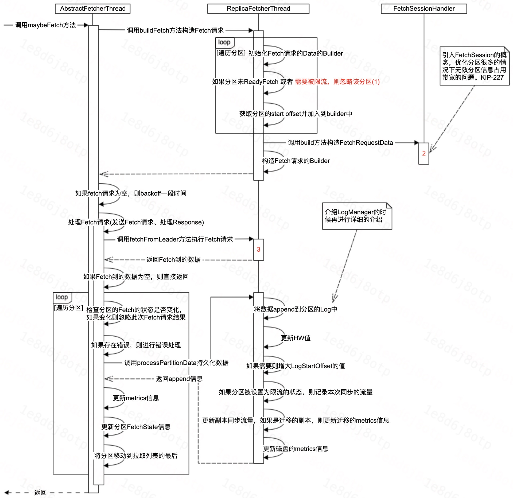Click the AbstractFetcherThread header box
click(x=92, y=9)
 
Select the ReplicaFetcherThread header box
click(x=258, y=9)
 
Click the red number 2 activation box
click(x=423, y=153)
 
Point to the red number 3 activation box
click(x=258, y=250)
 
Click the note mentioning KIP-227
click(x=474, y=66)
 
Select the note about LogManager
click(x=357, y=216)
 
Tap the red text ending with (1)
click(x=337, y=82)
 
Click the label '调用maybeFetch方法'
click(x=45, y=25)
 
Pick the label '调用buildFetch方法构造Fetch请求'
click(x=175, y=30)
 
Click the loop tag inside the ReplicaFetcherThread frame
click(x=224, y=42)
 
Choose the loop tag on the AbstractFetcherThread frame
click(x=62, y=297)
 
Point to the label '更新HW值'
click(x=296, y=338)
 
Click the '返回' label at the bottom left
click(x=40, y=493)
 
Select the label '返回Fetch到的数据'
click(x=173, y=260)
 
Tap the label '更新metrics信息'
click(x=136, y=398)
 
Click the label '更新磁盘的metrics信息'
click(x=296, y=449)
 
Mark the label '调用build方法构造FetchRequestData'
click(x=340, y=143)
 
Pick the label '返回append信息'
click(x=179, y=379)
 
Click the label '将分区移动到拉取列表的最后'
click(x=136, y=456)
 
